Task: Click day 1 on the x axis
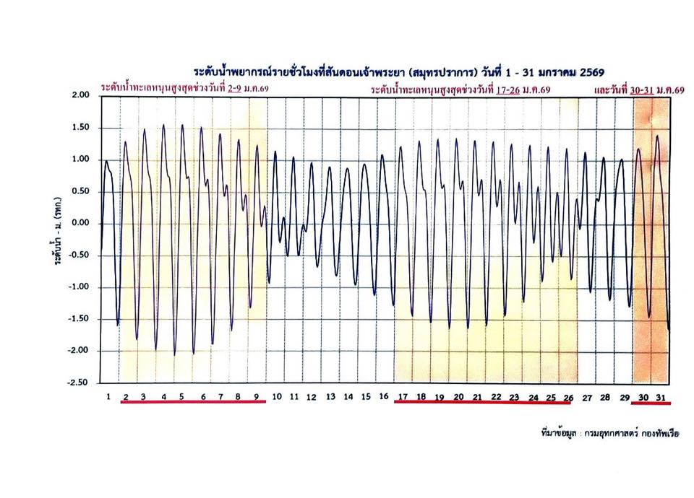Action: point(108,396)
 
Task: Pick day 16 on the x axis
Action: point(384,396)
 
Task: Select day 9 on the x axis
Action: point(257,397)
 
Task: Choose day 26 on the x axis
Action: point(568,397)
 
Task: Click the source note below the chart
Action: point(610,432)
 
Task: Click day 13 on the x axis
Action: point(330,397)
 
